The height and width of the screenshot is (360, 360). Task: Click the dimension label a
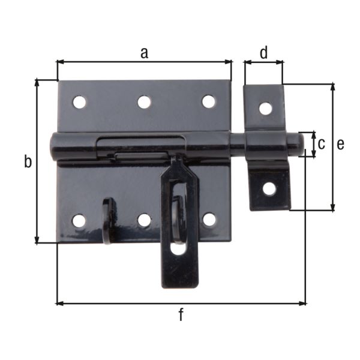144,53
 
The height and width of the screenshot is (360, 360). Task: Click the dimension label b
28,161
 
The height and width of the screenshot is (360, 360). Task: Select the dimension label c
321,144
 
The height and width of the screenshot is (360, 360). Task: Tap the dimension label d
263,53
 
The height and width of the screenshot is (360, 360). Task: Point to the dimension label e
340,144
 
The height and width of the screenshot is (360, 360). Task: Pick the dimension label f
181,314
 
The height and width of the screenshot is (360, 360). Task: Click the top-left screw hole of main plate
79,102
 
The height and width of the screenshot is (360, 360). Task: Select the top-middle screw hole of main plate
144,102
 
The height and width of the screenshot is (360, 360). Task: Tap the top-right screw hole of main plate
208,101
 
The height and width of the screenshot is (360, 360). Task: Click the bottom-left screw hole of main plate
79,221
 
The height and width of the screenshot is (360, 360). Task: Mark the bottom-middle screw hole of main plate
144,220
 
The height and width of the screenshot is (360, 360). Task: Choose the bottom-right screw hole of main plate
209,220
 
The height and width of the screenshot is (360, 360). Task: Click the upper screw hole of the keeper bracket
265,109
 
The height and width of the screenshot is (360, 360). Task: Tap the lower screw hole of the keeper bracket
269,188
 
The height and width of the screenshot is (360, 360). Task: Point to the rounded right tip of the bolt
298,144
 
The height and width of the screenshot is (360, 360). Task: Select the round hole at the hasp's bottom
178,248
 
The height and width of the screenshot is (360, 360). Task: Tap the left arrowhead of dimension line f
59,303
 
